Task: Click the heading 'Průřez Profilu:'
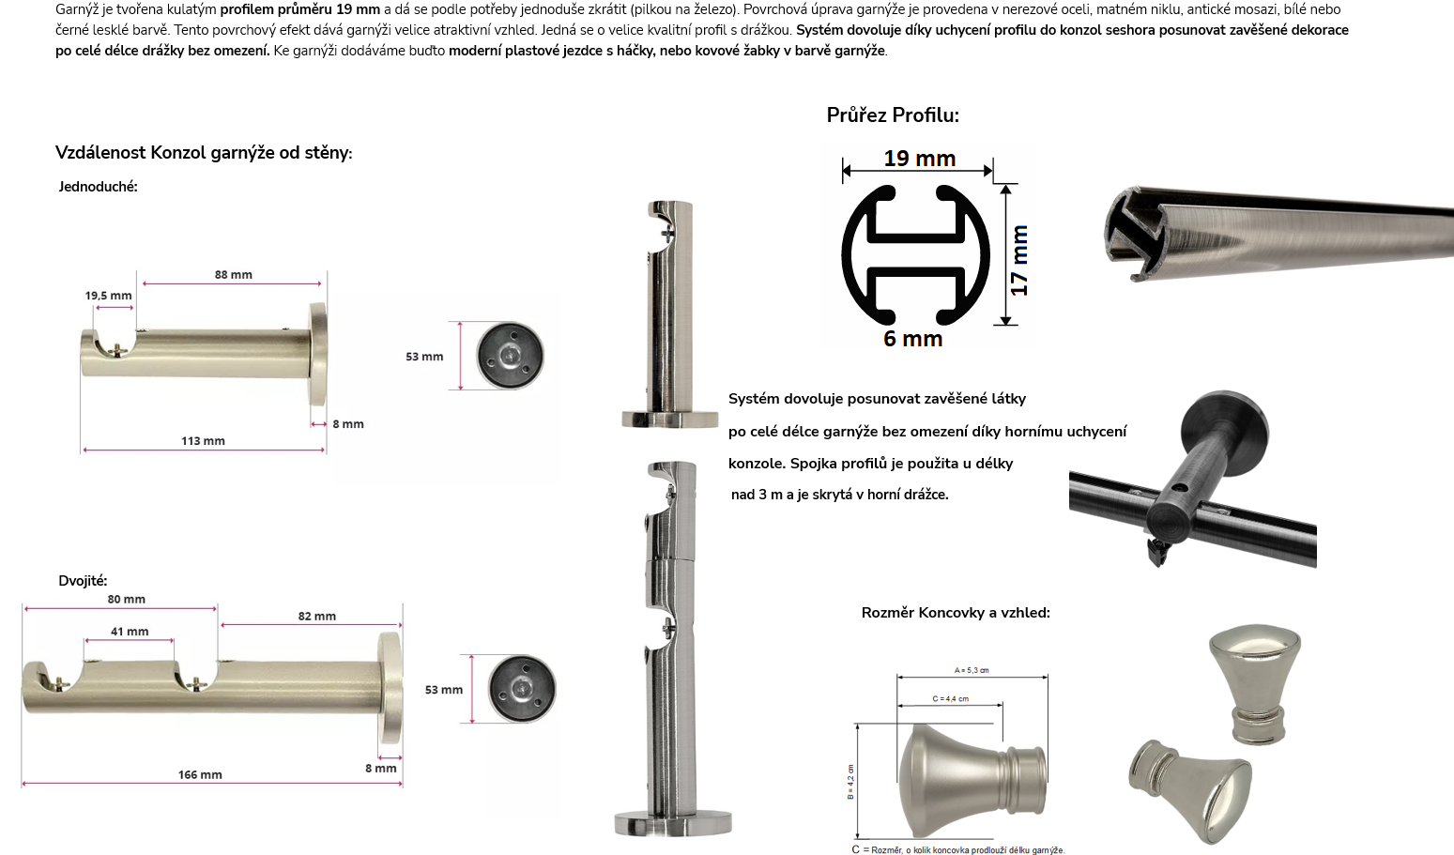893,115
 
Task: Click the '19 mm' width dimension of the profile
919,159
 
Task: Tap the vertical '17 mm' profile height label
1019,260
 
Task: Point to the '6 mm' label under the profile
912,338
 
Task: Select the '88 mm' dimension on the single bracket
233,275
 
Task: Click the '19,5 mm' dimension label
108,296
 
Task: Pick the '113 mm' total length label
203,441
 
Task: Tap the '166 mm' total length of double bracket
200,774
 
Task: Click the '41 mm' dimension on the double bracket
130,631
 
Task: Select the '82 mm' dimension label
316,616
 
